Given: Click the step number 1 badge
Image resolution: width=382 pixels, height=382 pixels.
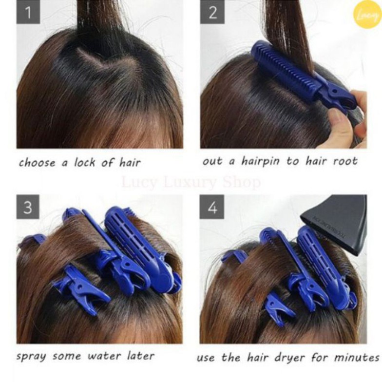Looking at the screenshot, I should (28, 12).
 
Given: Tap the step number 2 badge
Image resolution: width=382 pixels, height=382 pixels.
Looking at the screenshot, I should (212, 12).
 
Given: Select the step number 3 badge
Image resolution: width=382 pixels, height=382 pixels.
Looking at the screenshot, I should (28, 207).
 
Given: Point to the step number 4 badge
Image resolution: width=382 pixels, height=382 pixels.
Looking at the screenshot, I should (212, 207).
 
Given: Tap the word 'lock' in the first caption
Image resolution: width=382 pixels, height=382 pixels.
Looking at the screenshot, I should (85, 163).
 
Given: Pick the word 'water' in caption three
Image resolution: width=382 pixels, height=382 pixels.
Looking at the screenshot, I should (105, 356).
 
